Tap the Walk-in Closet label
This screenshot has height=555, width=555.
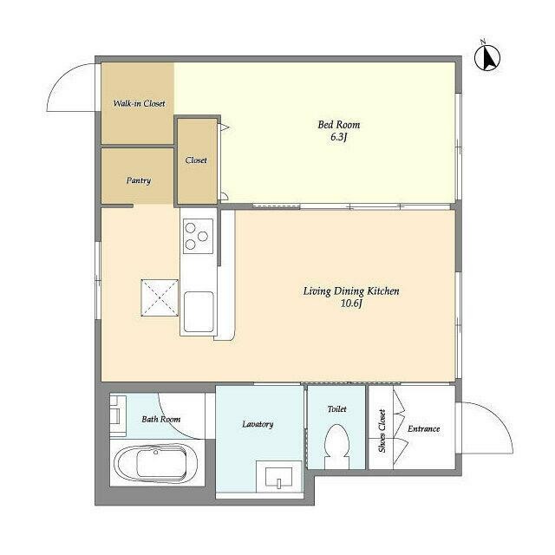(x=139, y=104)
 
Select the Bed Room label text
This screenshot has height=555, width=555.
(x=338, y=125)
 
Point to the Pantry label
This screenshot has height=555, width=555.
(x=139, y=180)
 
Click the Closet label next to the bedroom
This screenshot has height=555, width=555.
(x=196, y=160)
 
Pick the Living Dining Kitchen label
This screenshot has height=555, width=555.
(x=350, y=291)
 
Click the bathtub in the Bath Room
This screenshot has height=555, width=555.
(x=155, y=467)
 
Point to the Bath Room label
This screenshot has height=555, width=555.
(x=160, y=420)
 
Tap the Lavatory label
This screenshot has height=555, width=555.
(x=258, y=424)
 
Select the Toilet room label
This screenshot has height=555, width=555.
(x=336, y=408)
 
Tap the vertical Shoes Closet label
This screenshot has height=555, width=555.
(x=382, y=431)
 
